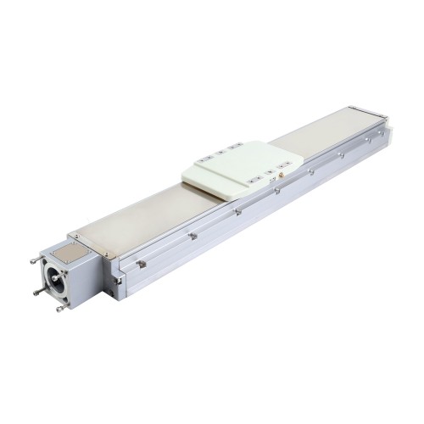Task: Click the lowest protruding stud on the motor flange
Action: (x=60, y=309)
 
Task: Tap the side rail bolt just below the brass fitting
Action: (x=278, y=190)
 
